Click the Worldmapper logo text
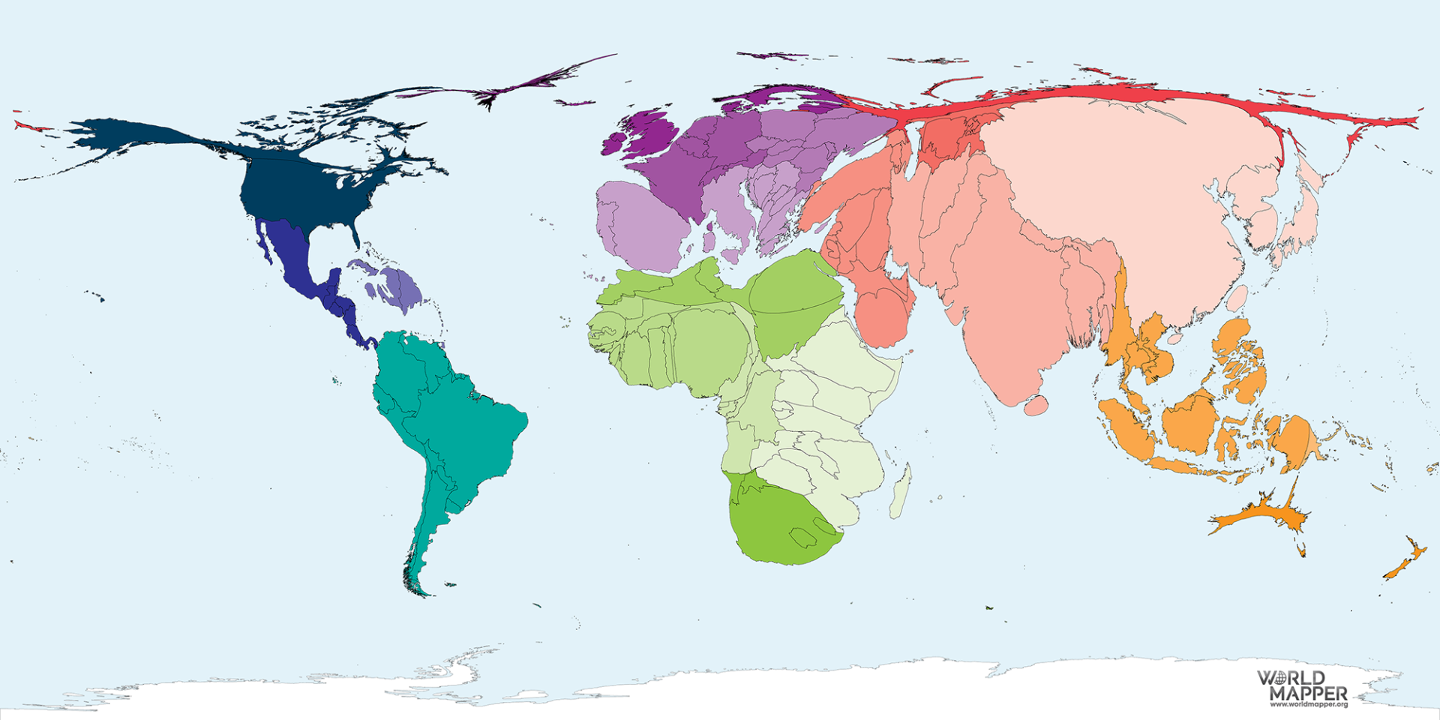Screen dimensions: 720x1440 click(x=1302, y=686)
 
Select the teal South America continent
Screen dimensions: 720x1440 click(x=450, y=420)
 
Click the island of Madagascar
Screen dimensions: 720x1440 click(x=900, y=491)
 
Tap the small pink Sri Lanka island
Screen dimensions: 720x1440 click(x=1036, y=406)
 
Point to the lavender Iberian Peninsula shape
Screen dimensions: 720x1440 click(x=637, y=225)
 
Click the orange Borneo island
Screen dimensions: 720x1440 click(x=1189, y=424)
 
